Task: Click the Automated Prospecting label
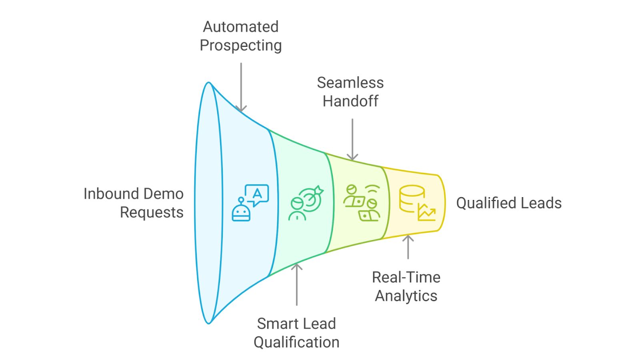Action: (x=240, y=36)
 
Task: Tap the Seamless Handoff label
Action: (x=350, y=92)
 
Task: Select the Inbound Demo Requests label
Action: (x=134, y=203)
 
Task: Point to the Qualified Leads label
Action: (x=509, y=203)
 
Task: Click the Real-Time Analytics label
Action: (x=406, y=286)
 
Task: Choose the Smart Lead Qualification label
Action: (x=296, y=333)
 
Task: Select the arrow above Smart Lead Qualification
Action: (x=296, y=284)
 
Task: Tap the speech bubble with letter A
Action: (x=257, y=195)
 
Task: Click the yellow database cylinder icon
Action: (x=412, y=198)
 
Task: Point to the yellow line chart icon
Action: (x=426, y=212)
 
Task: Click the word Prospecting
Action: (x=240, y=45)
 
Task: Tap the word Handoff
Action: (x=350, y=101)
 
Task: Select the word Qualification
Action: (x=296, y=342)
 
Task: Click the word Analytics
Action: (x=406, y=296)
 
